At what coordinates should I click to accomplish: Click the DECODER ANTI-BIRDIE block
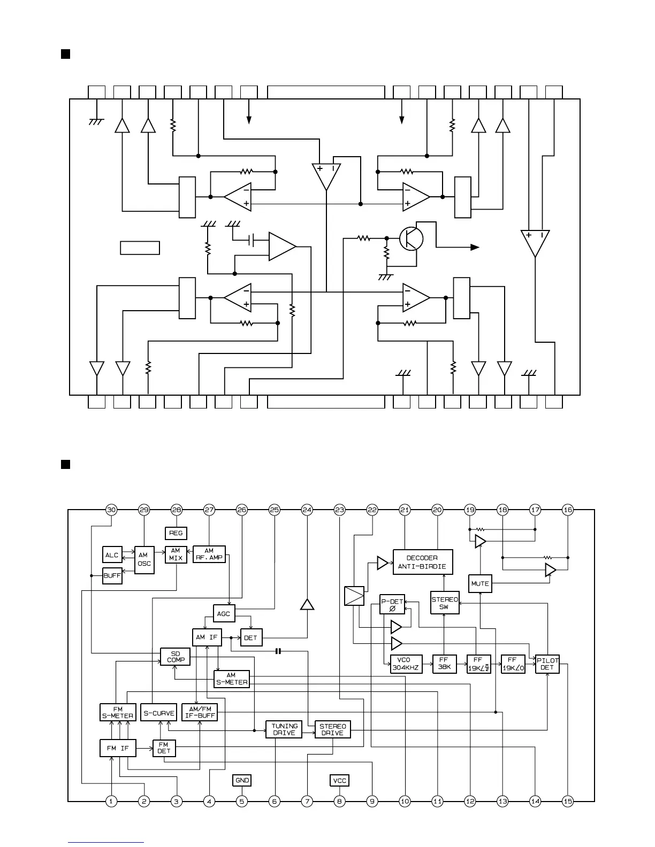(x=422, y=562)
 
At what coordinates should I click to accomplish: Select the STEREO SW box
(x=445, y=603)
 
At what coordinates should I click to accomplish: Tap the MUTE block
(x=480, y=583)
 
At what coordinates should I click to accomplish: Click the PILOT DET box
(x=547, y=664)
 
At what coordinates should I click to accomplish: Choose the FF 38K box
(x=444, y=664)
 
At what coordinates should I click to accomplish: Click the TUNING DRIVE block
(x=284, y=729)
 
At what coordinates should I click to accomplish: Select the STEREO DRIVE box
(x=332, y=729)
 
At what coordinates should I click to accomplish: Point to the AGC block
(x=224, y=613)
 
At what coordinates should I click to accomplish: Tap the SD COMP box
(x=176, y=657)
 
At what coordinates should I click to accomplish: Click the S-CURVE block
(x=158, y=713)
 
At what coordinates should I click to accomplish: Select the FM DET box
(x=164, y=748)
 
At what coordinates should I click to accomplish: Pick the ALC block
(x=112, y=555)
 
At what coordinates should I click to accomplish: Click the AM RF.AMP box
(x=209, y=554)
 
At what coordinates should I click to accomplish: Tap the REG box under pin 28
(x=176, y=533)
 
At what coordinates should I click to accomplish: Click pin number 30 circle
(x=111, y=510)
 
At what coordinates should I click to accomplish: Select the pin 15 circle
(x=568, y=801)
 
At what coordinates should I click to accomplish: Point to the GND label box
(x=242, y=780)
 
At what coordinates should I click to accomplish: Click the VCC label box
(x=340, y=780)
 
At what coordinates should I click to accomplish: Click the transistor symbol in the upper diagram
(x=411, y=238)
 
